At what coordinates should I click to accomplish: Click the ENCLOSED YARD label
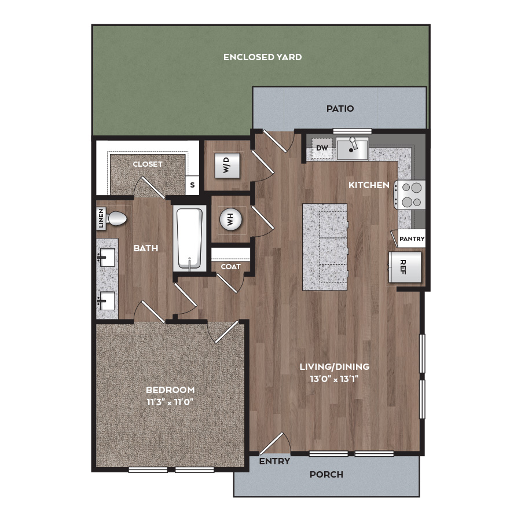(262, 57)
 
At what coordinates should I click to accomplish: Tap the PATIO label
(340, 109)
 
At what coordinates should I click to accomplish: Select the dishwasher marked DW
(322, 148)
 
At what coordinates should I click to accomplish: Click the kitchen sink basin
(352, 149)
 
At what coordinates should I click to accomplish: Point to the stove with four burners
(410, 195)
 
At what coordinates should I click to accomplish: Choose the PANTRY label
(412, 239)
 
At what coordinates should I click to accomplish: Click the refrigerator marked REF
(405, 267)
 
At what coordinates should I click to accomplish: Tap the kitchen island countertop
(325, 247)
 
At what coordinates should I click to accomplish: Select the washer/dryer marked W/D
(228, 165)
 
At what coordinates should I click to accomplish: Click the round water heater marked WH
(230, 219)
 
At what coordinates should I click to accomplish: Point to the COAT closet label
(230, 267)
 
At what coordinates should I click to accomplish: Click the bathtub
(189, 239)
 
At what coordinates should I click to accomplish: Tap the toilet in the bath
(116, 219)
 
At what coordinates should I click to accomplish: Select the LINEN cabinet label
(101, 218)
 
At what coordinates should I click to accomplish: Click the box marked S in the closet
(192, 185)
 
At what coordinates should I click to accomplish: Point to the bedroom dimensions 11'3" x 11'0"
(170, 402)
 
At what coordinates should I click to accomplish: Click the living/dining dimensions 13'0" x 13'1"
(334, 379)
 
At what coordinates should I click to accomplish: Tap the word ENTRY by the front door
(274, 461)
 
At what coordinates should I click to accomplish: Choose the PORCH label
(326, 475)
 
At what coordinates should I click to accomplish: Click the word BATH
(145, 248)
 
